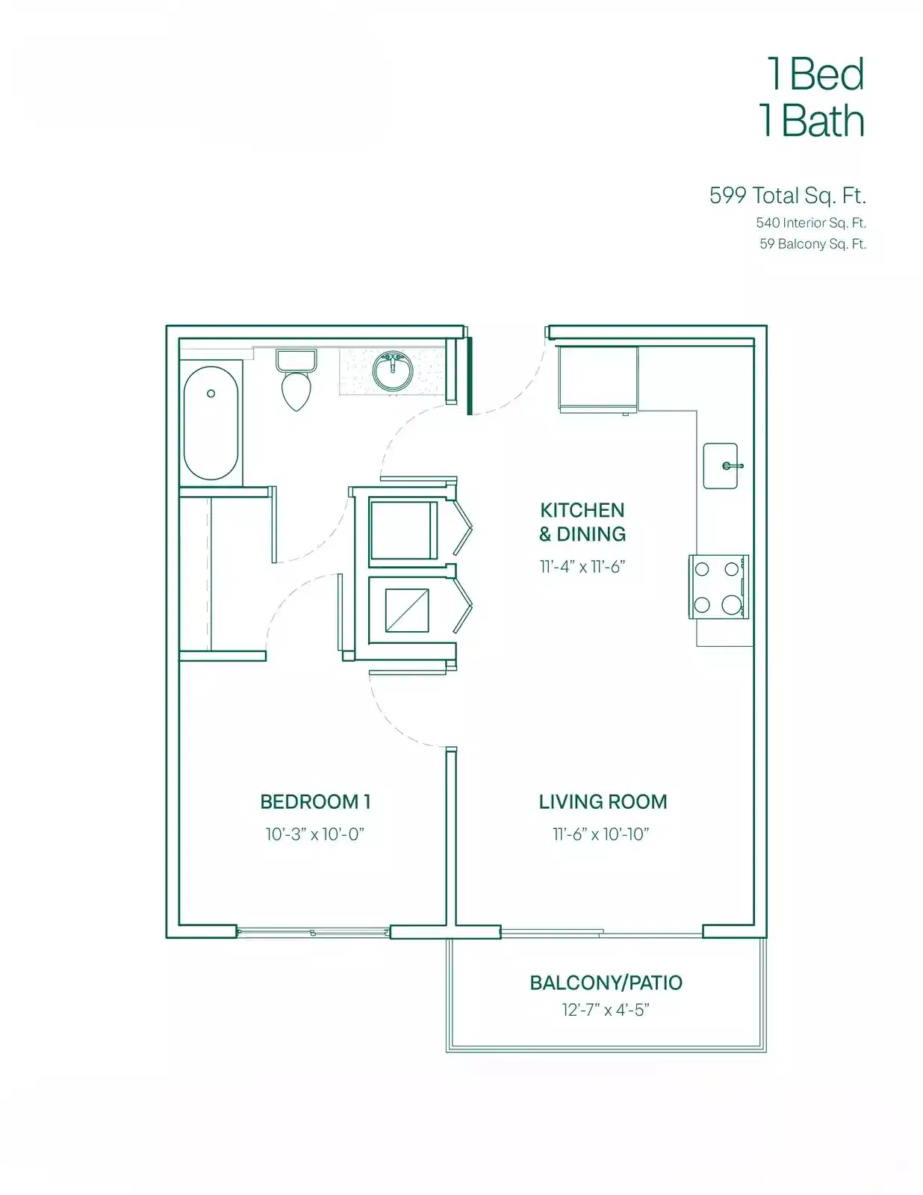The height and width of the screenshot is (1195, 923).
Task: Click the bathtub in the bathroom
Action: pyautogui.click(x=211, y=423)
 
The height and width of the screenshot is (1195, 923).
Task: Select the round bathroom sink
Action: pyautogui.click(x=392, y=371)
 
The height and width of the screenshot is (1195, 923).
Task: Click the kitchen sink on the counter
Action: pyautogui.click(x=721, y=466)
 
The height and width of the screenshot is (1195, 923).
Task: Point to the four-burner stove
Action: pyautogui.click(x=718, y=587)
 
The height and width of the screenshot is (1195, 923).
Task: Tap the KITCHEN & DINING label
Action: pyautogui.click(x=582, y=522)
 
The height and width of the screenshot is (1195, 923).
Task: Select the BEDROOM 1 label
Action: pyautogui.click(x=315, y=802)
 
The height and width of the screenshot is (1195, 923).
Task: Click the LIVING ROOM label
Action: pyautogui.click(x=603, y=802)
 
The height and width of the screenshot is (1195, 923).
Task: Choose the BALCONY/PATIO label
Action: pyautogui.click(x=606, y=983)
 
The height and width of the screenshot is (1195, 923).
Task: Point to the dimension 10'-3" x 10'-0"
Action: pyautogui.click(x=314, y=834)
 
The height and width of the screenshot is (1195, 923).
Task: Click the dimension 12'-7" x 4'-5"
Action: pyautogui.click(x=606, y=1011)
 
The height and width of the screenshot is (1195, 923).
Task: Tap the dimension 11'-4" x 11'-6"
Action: pyautogui.click(x=582, y=567)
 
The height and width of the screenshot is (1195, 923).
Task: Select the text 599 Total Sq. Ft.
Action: pyautogui.click(x=787, y=196)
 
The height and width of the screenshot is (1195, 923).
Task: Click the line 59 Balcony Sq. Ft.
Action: pyautogui.click(x=812, y=244)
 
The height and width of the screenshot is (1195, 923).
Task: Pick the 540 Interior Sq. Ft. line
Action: pyautogui.click(x=811, y=223)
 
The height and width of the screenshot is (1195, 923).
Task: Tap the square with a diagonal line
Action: pyautogui.click(x=407, y=610)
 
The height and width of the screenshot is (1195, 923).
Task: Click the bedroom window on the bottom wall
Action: pyautogui.click(x=313, y=932)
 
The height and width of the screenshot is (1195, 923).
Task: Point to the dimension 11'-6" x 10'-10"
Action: pyautogui.click(x=600, y=834)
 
